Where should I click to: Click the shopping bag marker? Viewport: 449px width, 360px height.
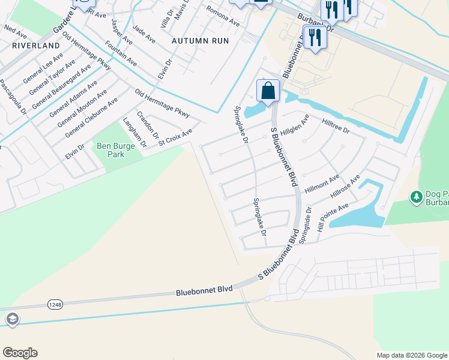click(x=268, y=91)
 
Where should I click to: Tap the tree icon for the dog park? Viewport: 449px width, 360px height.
click(x=415, y=197)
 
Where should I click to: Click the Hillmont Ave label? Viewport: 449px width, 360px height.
click(x=322, y=183)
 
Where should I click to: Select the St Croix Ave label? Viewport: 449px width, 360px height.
click(x=175, y=136)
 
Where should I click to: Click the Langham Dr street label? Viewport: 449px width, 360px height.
click(x=134, y=133)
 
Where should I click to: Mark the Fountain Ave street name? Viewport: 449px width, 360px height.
click(x=120, y=53)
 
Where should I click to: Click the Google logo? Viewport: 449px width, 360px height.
click(x=20, y=353)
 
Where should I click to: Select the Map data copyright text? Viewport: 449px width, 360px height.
click(x=411, y=355)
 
